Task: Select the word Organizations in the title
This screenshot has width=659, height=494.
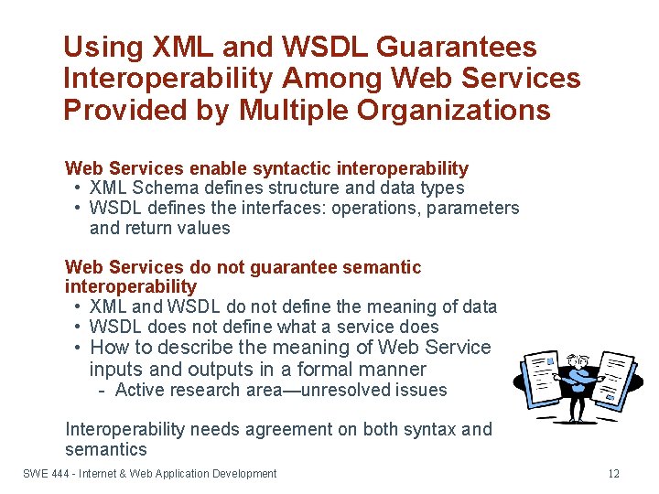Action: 459,111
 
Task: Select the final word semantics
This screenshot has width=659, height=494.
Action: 105,449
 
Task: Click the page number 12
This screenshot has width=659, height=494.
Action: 613,474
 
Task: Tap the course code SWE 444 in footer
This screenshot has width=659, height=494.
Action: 45,474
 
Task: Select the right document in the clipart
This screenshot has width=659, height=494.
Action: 620,377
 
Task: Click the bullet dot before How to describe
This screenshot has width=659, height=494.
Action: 81,348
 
